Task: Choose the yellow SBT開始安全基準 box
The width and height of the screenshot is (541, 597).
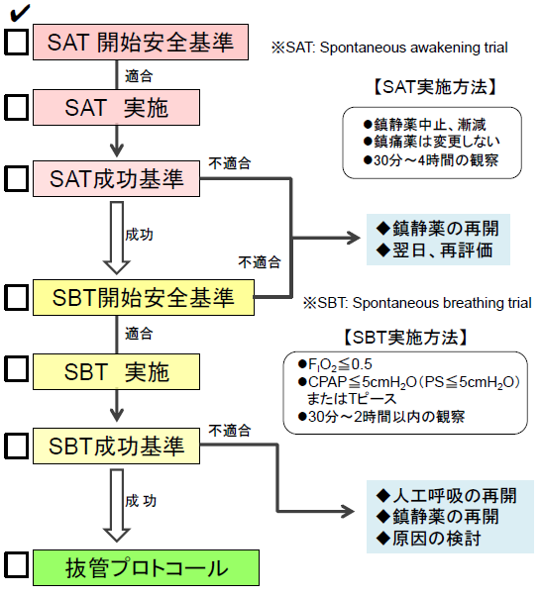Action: tap(146, 296)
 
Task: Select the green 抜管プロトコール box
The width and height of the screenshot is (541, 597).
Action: tap(146, 568)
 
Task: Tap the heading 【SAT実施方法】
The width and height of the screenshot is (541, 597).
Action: tap(434, 86)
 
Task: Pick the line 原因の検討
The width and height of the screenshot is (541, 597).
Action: tap(428, 538)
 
